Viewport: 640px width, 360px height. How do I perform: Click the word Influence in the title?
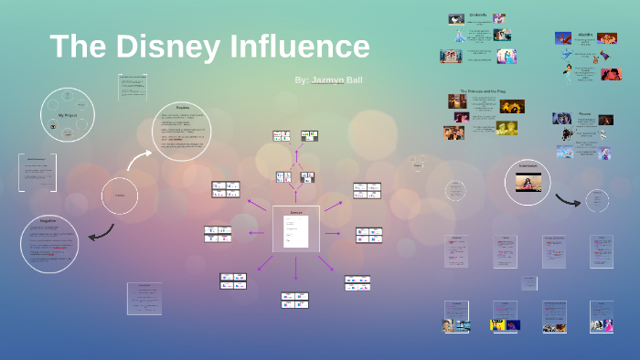click(303, 47)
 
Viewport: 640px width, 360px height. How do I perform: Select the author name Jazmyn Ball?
click(328, 80)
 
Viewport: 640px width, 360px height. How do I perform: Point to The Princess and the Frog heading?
click(476, 92)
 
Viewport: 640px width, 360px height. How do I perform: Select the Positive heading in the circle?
click(182, 108)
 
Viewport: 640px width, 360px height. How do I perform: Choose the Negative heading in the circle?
click(48, 219)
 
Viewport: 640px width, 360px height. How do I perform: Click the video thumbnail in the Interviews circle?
click(528, 183)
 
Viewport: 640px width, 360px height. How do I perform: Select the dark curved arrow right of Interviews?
click(568, 198)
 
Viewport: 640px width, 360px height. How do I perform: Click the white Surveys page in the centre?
click(295, 228)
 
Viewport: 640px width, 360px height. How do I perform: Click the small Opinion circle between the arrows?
click(118, 196)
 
